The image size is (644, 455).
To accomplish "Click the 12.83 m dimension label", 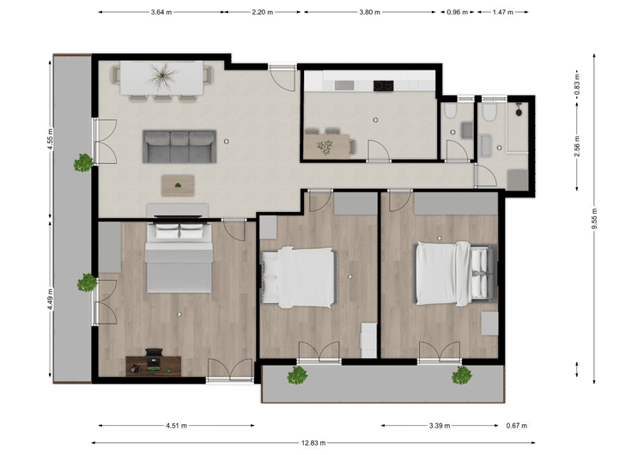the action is click(313, 443).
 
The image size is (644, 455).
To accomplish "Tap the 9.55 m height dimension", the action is click(594, 219).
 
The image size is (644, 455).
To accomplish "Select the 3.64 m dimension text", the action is click(161, 12).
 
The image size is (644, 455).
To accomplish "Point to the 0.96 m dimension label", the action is click(457, 12).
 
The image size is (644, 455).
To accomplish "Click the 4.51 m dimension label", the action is click(176, 426).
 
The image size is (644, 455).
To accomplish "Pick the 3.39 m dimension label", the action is click(440, 426).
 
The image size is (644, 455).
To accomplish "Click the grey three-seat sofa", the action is click(179, 147).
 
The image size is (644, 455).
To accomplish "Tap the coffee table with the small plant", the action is click(178, 185).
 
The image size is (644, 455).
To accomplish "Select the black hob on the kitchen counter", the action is click(383, 86).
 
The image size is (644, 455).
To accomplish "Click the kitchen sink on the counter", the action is click(344, 85).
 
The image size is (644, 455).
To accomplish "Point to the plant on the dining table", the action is click(162, 76).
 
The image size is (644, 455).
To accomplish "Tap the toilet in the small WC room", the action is click(451, 110).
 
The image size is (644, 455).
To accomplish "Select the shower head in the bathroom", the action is click(519, 111).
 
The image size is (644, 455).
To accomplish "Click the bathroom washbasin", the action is click(486, 146).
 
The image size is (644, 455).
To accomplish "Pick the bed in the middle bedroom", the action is click(299, 277).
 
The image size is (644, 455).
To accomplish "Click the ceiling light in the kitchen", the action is click(375, 120).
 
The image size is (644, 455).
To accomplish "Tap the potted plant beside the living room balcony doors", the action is click(84, 162).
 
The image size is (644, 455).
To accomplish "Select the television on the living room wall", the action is click(178, 215).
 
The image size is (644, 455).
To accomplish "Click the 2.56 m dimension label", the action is click(577, 146).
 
